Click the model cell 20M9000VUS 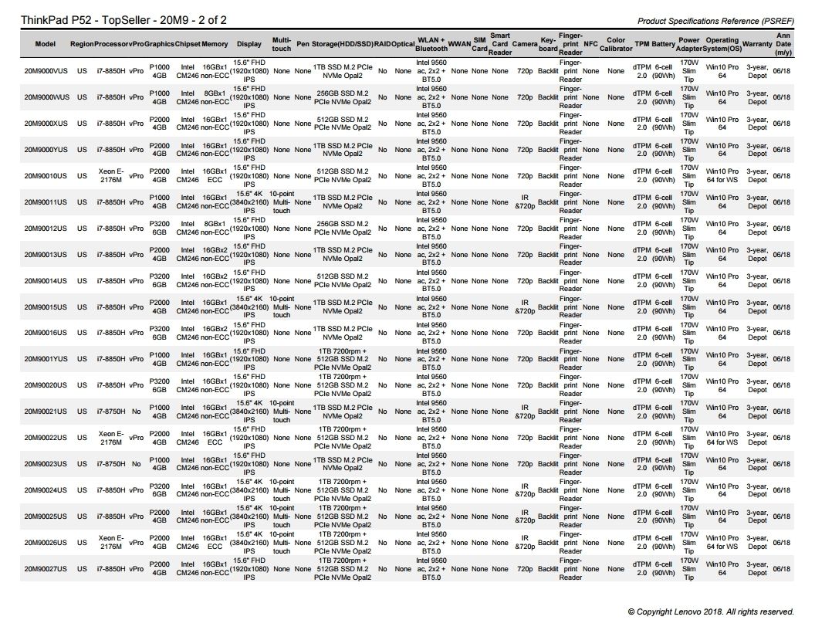pyautogui.click(x=46, y=71)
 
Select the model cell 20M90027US pyautogui.click(x=46, y=569)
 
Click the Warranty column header pyautogui.click(x=757, y=44)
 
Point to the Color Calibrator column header pyautogui.click(x=616, y=44)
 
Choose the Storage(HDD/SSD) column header pyautogui.click(x=343, y=44)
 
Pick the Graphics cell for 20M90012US pyautogui.click(x=159, y=229)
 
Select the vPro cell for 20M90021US pyautogui.click(x=136, y=412)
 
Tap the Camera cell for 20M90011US pyautogui.click(x=525, y=202)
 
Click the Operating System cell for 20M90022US pyautogui.click(x=722, y=438)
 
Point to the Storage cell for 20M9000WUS pyautogui.click(x=343, y=97)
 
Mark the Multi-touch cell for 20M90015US pyautogui.click(x=282, y=307)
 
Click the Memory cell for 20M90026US pyautogui.click(x=215, y=543)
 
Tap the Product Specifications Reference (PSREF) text pyautogui.click(x=715, y=21)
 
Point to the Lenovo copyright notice pyautogui.click(x=710, y=611)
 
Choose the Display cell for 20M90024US pyautogui.click(x=249, y=490)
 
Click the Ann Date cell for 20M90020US pyautogui.click(x=781, y=385)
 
